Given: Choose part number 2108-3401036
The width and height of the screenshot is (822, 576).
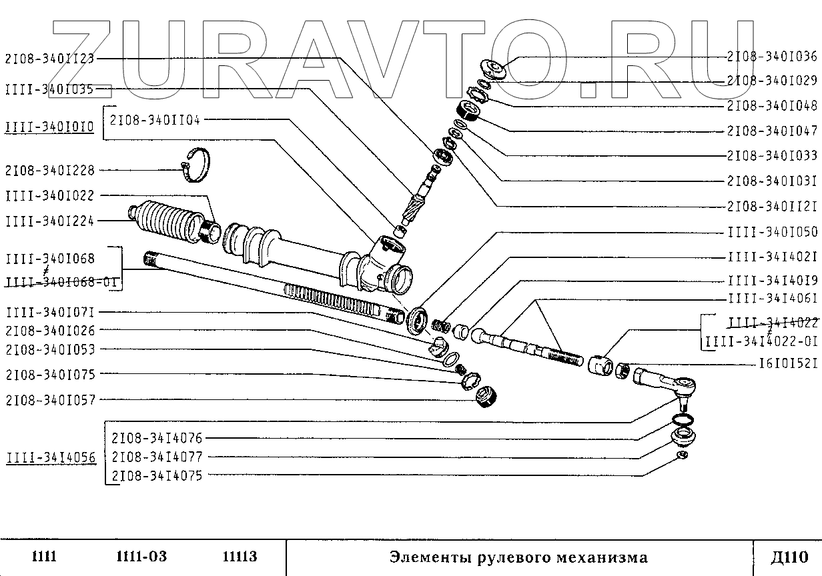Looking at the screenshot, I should pyautogui.click(x=772, y=56).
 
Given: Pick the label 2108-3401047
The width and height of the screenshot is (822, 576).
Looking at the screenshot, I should pyautogui.click(x=772, y=131).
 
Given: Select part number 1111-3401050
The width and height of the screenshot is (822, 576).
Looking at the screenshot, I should pyautogui.click(x=772, y=232).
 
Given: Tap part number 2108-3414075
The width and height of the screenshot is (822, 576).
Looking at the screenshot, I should pyautogui.click(x=157, y=476).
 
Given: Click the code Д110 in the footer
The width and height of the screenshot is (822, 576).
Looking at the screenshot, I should pyautogui.click(x=789, y=557).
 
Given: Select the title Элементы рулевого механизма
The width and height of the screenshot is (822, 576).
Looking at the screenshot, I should pyautogui.click(x=518, y=557).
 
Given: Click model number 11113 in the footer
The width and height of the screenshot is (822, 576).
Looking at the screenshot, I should pyautogui.click(x=240, y=557).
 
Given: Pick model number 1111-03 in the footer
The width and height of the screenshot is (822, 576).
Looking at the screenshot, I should pyautogui.click(x=141, y=557).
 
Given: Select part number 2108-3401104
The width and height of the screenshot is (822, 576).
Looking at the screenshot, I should pyautogui.click(x=155, y=120).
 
